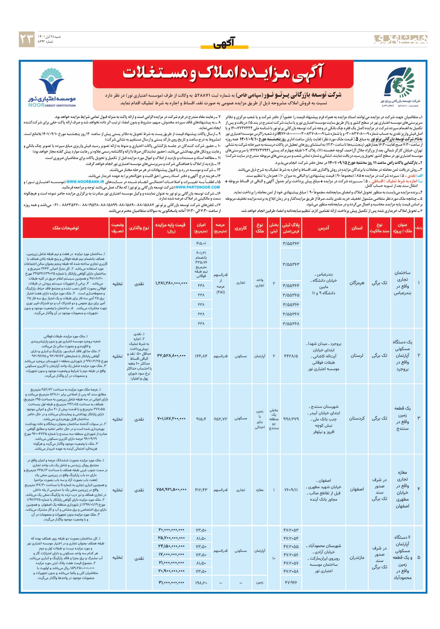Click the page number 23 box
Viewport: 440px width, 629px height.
27,39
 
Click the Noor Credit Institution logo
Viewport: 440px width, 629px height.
52,87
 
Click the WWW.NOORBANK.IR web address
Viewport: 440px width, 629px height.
85,182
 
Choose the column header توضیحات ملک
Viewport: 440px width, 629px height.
66,228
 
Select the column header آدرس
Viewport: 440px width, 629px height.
323,228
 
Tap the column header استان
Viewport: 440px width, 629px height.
357,228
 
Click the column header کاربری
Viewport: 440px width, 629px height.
241,228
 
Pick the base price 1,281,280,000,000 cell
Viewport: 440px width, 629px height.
171,283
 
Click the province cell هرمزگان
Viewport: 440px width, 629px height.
357,283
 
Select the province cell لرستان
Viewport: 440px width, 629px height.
357,355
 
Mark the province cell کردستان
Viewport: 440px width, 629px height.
357,418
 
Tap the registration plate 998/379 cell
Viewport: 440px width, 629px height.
291,419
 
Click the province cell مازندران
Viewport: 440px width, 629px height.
357,557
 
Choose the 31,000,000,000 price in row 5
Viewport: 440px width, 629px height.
171,582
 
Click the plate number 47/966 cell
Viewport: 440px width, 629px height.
291,582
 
